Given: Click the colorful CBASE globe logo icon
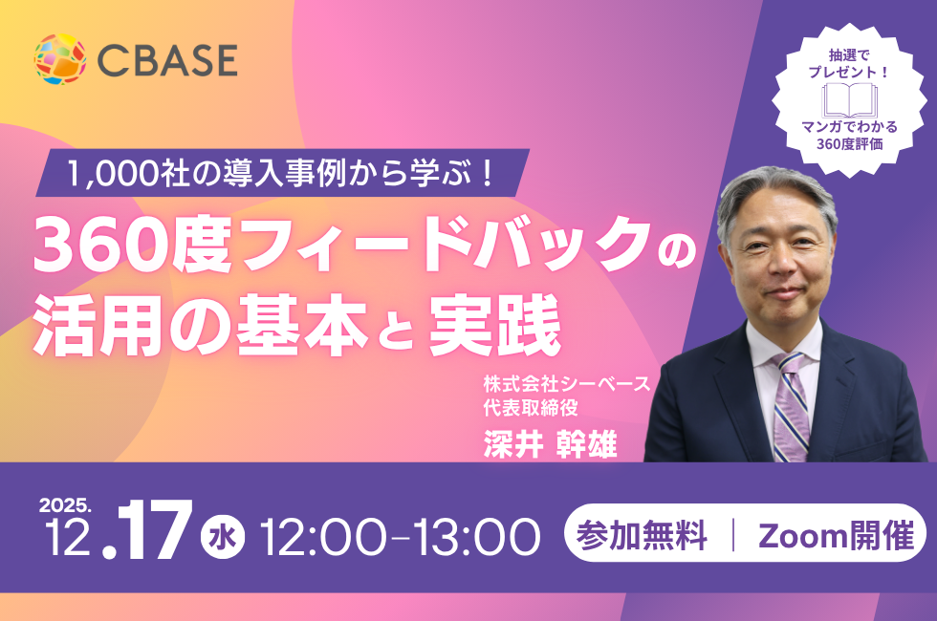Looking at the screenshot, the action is (x=59, y=58).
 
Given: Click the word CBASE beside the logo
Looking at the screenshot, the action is (x=167, y=59).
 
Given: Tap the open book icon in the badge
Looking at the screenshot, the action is (x=849, y=100).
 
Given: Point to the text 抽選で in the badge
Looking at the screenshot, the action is (x=849, y=55).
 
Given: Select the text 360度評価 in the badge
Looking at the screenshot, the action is (x=849, y=144).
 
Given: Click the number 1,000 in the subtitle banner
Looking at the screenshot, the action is (x=113, y=174).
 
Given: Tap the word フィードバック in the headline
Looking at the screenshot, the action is (x=444, y=243).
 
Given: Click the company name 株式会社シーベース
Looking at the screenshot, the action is (x=566, y=383).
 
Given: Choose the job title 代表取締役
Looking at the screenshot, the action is (x=531, y=408).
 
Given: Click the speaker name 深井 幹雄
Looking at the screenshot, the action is (x=550, y=445).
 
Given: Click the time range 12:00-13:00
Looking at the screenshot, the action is (x=401, y=537).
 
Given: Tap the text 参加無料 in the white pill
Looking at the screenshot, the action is (x=642, y=535).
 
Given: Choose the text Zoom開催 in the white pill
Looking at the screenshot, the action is (x=836, y=535).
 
